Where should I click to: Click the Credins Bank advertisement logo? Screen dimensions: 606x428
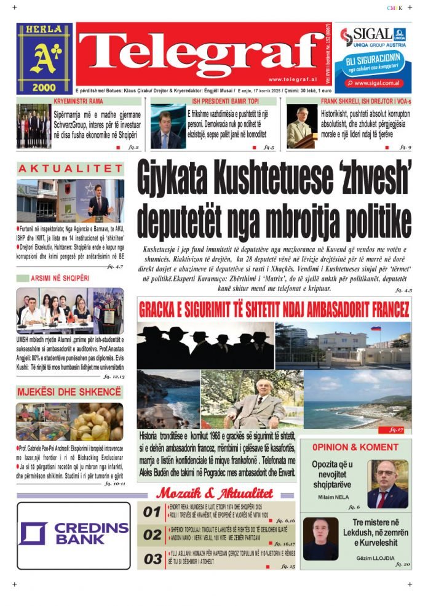73,534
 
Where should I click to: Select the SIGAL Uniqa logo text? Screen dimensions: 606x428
369,34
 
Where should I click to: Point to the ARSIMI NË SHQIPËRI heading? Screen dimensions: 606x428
67,278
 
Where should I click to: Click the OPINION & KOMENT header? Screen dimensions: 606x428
355,447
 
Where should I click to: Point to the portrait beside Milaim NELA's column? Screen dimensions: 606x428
387,484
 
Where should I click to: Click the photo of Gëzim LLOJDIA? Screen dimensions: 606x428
320,538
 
